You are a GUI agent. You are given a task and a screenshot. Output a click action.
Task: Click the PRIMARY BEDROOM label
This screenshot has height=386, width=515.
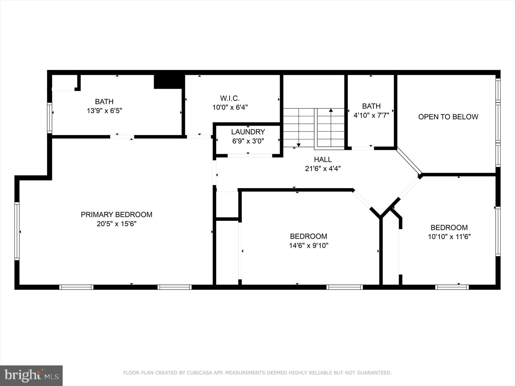click(116, 214)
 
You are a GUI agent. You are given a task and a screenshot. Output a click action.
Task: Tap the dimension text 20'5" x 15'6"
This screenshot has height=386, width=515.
click(116, 224)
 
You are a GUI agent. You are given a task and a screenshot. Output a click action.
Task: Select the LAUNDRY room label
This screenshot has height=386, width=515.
click(248, 132)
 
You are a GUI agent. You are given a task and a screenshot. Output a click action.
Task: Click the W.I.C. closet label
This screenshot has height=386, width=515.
click(230, 98)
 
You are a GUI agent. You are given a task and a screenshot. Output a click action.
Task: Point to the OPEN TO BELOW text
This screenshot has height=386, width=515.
click(448, 117)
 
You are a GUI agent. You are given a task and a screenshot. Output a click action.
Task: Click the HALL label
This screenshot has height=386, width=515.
click(323, 160)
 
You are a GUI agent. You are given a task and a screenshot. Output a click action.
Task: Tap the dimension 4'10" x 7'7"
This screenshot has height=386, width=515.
click(371, 115)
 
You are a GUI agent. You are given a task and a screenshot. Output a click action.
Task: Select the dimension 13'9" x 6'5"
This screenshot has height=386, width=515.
click(104, 111)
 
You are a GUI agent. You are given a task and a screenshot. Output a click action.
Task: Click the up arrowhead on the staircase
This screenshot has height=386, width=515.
click(331, 110)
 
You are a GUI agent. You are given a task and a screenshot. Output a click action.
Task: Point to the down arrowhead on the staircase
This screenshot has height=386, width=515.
click(298, 145)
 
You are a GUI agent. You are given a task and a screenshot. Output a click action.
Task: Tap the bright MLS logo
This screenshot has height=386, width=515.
click(31, 375)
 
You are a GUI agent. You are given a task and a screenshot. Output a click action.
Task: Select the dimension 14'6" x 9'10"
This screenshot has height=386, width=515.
click(308, 245)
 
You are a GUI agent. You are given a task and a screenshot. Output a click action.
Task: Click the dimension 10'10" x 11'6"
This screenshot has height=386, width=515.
click(449, 237)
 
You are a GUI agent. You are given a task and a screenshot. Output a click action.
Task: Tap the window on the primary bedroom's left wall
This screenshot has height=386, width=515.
click(17, 231)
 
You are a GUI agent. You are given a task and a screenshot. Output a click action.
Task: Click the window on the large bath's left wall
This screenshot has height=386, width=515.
click(49, 118)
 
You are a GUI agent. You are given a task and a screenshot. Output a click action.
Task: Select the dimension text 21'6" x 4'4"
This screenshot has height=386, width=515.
click(323, 169)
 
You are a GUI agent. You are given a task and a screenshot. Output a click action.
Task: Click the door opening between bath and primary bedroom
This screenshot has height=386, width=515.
click(122, 137)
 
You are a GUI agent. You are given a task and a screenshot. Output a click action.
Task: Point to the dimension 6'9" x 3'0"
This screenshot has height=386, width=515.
click(248, 141)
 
